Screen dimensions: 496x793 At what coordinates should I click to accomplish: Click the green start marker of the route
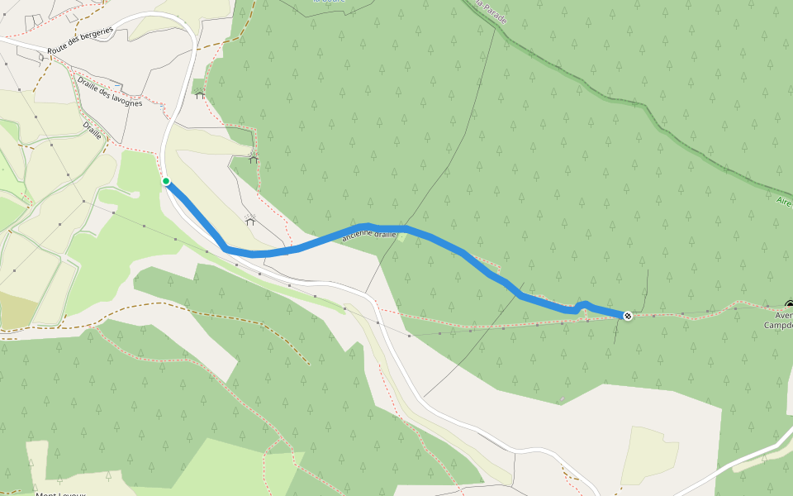[166, 181]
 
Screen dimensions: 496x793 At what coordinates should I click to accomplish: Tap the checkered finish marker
[628, 316]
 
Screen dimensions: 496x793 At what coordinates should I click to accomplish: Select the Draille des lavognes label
[110, 93]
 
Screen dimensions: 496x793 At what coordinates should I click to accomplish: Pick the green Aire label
[784, 201]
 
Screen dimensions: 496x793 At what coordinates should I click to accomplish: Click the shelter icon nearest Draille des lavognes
[199, 94]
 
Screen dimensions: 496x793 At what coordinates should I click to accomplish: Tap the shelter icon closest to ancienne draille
[249, 220]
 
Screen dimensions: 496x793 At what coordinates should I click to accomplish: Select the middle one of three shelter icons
[254, 158]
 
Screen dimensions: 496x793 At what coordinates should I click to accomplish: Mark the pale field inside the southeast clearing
[649, 455]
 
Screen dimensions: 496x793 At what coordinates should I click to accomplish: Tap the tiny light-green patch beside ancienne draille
[402, 237]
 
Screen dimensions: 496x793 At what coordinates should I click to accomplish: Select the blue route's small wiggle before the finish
[583, 304]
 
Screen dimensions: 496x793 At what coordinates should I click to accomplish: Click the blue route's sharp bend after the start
[225, 247]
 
